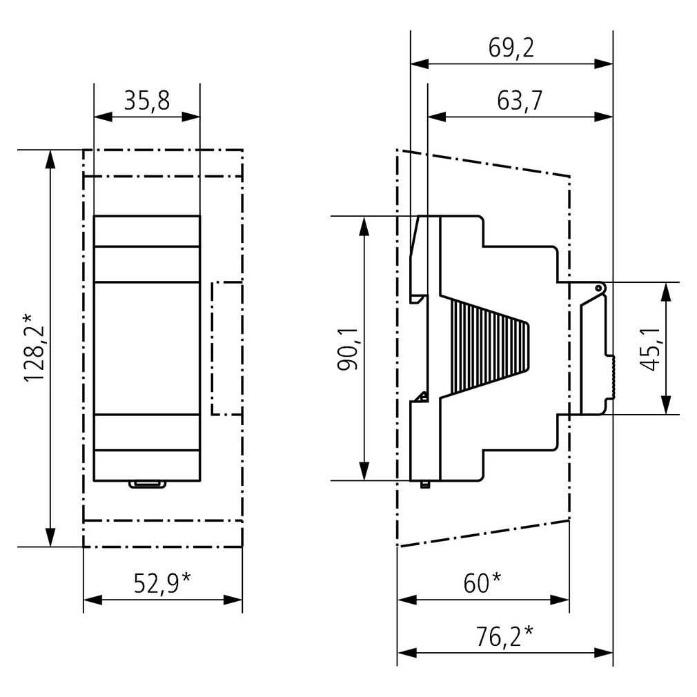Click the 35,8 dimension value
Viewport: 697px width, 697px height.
coord(147,101)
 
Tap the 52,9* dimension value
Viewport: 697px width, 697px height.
coord(163,583)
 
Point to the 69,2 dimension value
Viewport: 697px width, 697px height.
coord(511,48)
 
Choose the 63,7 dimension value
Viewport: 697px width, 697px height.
coord(520,101)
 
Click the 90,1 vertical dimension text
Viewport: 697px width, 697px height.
coord(348,349)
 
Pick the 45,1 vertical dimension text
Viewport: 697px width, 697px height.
coord(649,349)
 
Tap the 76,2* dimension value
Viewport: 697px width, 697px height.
coord(504,636)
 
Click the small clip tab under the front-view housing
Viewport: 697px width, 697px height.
coord(147,484)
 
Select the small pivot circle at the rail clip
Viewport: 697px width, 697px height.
coord(598,289)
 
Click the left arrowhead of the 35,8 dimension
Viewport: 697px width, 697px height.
coord(103,117)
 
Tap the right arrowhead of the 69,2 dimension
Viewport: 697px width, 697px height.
coord(604,64)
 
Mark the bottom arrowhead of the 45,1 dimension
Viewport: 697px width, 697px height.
coord(665,405)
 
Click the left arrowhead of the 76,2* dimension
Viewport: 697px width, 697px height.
coord(406,653)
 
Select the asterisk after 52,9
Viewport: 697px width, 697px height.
coord(186,578)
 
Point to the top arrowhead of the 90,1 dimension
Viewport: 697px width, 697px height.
coord(364,226)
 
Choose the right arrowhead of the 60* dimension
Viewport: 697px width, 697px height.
coord(560,600)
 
